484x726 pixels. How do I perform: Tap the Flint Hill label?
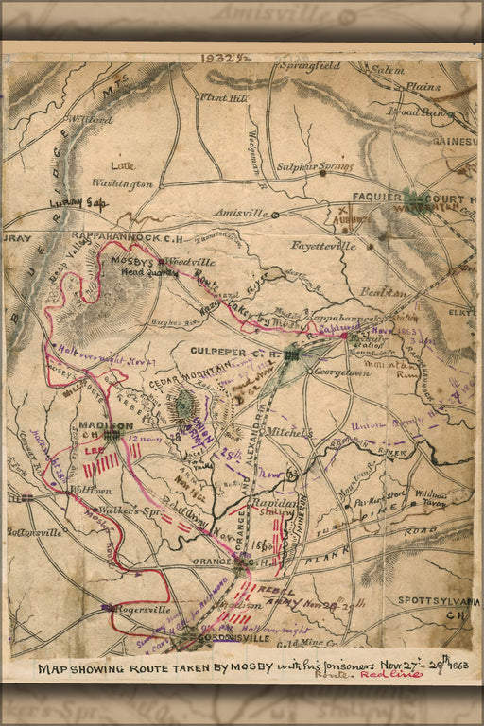click(223, 96)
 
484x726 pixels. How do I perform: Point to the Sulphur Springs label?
click(315, 166)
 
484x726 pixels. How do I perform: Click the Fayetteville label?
click(324, 246)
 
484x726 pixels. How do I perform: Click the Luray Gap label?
click(83, 202)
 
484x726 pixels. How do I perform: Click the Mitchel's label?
click(287, 431)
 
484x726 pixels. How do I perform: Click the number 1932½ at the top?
click(223, 58)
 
